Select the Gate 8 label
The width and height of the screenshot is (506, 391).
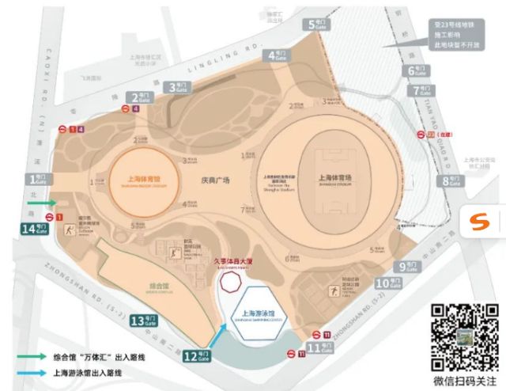coord(451,181)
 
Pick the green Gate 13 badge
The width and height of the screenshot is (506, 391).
coord(147,320)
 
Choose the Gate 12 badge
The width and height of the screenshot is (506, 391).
coord(198,355)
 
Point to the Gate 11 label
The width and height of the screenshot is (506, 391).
coord(320,347)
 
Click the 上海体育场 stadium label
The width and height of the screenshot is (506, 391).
coord(334,178)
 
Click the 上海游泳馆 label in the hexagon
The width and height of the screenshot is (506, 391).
coord(250,313)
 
